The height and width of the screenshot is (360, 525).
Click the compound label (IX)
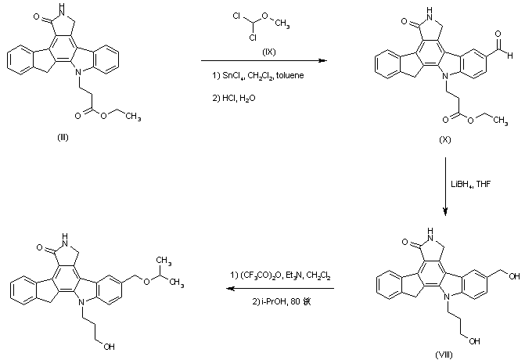[x=271, y=52]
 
